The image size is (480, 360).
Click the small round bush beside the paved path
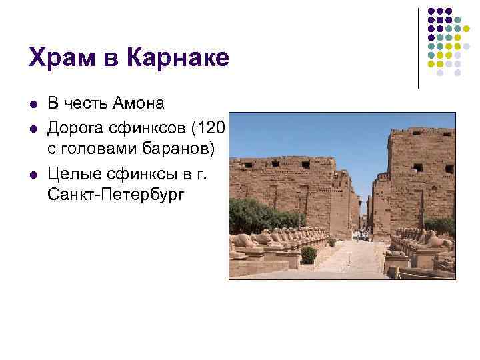pos(309,254)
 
